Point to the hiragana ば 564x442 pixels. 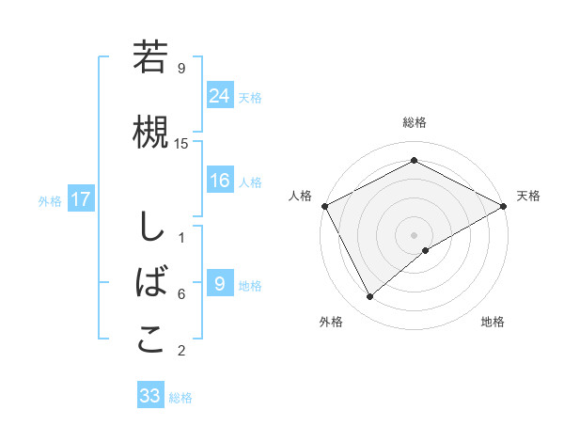click(x=150, y=281)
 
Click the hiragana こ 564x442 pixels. click(x=150, y=339)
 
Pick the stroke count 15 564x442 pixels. click(x=181, y=143)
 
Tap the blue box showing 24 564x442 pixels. click(x=220, y=96)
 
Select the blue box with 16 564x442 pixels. click(x=220, y=181)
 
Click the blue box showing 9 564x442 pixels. click(x=220, y=284)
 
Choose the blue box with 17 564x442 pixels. click(x=80, y=199)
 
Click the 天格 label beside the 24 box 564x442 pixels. click(x=250, y=97)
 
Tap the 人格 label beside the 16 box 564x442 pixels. click(x=250, y=182)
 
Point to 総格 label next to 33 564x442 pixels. click(x=180, y=397)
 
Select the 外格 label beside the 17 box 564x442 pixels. click(x=50, y=200)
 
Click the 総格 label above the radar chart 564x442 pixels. click(x=414, y=122)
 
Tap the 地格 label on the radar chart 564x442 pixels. click(x=493, y=322)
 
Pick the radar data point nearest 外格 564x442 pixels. click(x=370, y=297)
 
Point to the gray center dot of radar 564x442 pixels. click(x=414, y=234)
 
